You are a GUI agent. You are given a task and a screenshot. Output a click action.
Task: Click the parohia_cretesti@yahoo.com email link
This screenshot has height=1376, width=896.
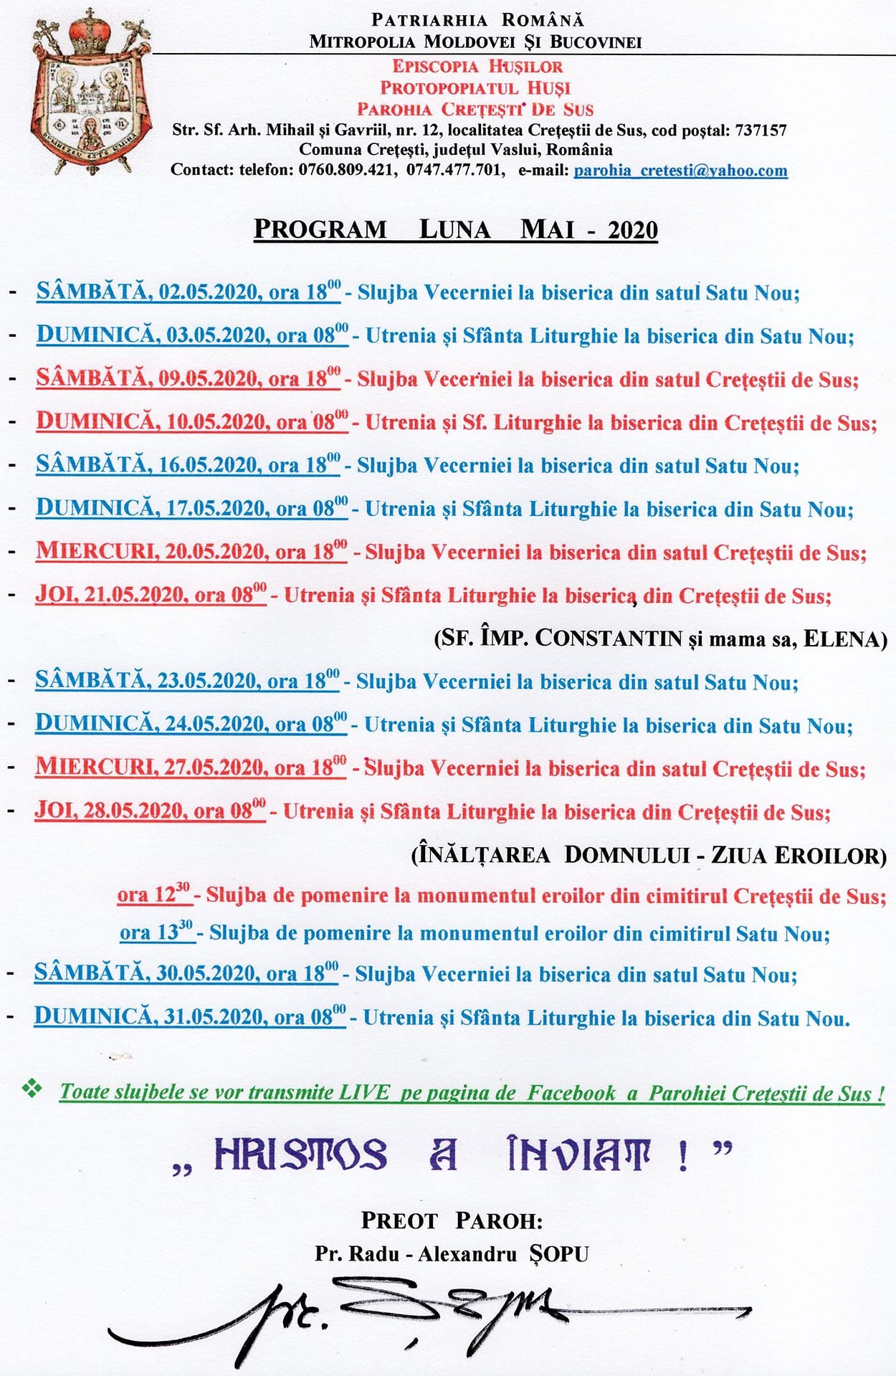[x=680, y=171]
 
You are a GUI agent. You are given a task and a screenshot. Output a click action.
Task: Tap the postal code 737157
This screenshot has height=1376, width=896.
[x=761, y=130]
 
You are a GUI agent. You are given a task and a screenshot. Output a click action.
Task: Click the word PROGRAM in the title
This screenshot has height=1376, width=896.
[x=320, y=229]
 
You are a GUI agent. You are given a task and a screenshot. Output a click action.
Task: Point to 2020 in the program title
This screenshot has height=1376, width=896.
[x=632, y=230]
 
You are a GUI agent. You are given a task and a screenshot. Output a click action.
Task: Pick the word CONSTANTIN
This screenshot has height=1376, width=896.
[x=609, y=638]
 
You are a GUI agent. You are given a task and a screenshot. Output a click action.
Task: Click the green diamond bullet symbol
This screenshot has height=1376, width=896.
[x=32, y=1090]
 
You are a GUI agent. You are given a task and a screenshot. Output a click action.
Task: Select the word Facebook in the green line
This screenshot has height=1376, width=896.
[x=571, y=1093]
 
